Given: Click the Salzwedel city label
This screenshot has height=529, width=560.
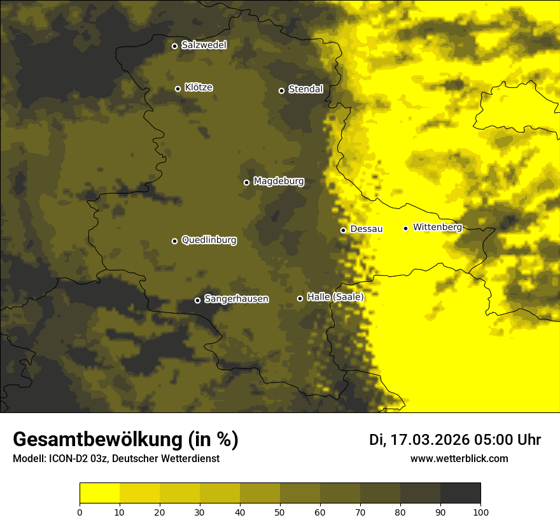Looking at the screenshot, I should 204,45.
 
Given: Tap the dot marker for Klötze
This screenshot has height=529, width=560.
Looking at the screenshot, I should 178,89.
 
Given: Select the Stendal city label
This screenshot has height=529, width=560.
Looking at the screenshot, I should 305,89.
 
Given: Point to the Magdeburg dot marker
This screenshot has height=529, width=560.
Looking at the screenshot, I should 246,182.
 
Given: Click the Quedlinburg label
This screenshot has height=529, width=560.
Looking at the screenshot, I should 209,240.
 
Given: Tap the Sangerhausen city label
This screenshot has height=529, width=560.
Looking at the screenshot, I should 236,299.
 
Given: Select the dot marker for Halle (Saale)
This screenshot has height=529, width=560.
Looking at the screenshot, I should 300,298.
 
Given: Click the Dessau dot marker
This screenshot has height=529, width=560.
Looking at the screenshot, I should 343,230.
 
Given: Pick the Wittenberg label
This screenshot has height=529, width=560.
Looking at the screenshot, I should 437,227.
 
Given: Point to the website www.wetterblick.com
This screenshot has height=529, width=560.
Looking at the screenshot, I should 459,458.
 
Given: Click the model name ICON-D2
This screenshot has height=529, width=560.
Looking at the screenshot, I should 68,459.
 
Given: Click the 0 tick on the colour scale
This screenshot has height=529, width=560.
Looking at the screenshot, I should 80,512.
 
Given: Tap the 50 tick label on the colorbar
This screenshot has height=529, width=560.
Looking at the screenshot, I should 280,512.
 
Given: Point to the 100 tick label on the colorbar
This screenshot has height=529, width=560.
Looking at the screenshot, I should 480,512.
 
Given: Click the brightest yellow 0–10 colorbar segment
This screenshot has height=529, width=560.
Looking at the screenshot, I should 99,493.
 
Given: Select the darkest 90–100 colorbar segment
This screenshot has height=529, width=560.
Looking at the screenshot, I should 460,493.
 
